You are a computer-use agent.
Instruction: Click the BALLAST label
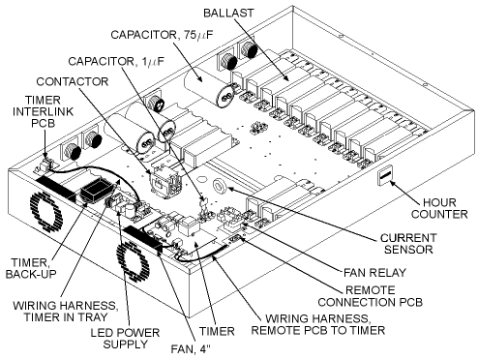click(228, 13)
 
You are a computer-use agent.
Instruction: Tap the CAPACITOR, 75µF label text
click(163, 35)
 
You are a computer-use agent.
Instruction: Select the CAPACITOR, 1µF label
click(116, 61)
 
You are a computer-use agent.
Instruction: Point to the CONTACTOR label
click(73, 81)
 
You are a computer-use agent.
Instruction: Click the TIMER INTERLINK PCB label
click(43, 111)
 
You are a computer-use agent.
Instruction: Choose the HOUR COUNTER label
click(439, 208)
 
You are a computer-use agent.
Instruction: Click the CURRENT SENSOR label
click(408, 244)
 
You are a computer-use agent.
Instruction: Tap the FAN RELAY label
click(374, 273)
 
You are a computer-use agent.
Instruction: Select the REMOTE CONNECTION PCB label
click(370, 296)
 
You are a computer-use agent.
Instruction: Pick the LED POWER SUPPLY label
click(125, 339)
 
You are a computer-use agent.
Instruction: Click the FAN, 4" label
click(191, 349)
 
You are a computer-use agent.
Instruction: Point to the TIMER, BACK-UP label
click(31, 268)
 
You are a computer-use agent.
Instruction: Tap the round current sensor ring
click(221, 186)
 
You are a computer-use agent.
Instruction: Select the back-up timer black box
click(96, 190)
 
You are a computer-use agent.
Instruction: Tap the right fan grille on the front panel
click(133, 262)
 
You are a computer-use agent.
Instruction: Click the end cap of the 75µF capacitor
click(226, 95)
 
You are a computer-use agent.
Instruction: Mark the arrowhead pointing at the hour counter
click(393, 184)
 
